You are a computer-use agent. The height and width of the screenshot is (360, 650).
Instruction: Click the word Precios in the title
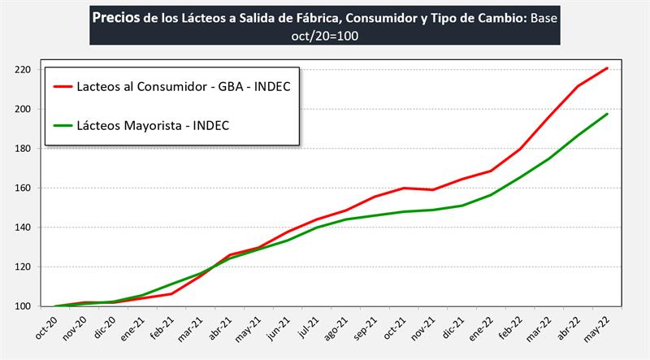[x=115, y=17]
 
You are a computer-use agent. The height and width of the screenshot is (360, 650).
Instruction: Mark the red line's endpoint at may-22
[x=608, y=68]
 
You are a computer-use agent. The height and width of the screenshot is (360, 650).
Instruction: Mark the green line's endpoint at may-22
[x=608, y=114]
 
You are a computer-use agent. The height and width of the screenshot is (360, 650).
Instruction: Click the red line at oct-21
[x=405, y=189]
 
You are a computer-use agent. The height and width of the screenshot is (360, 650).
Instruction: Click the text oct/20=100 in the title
[x=324, y=35]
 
